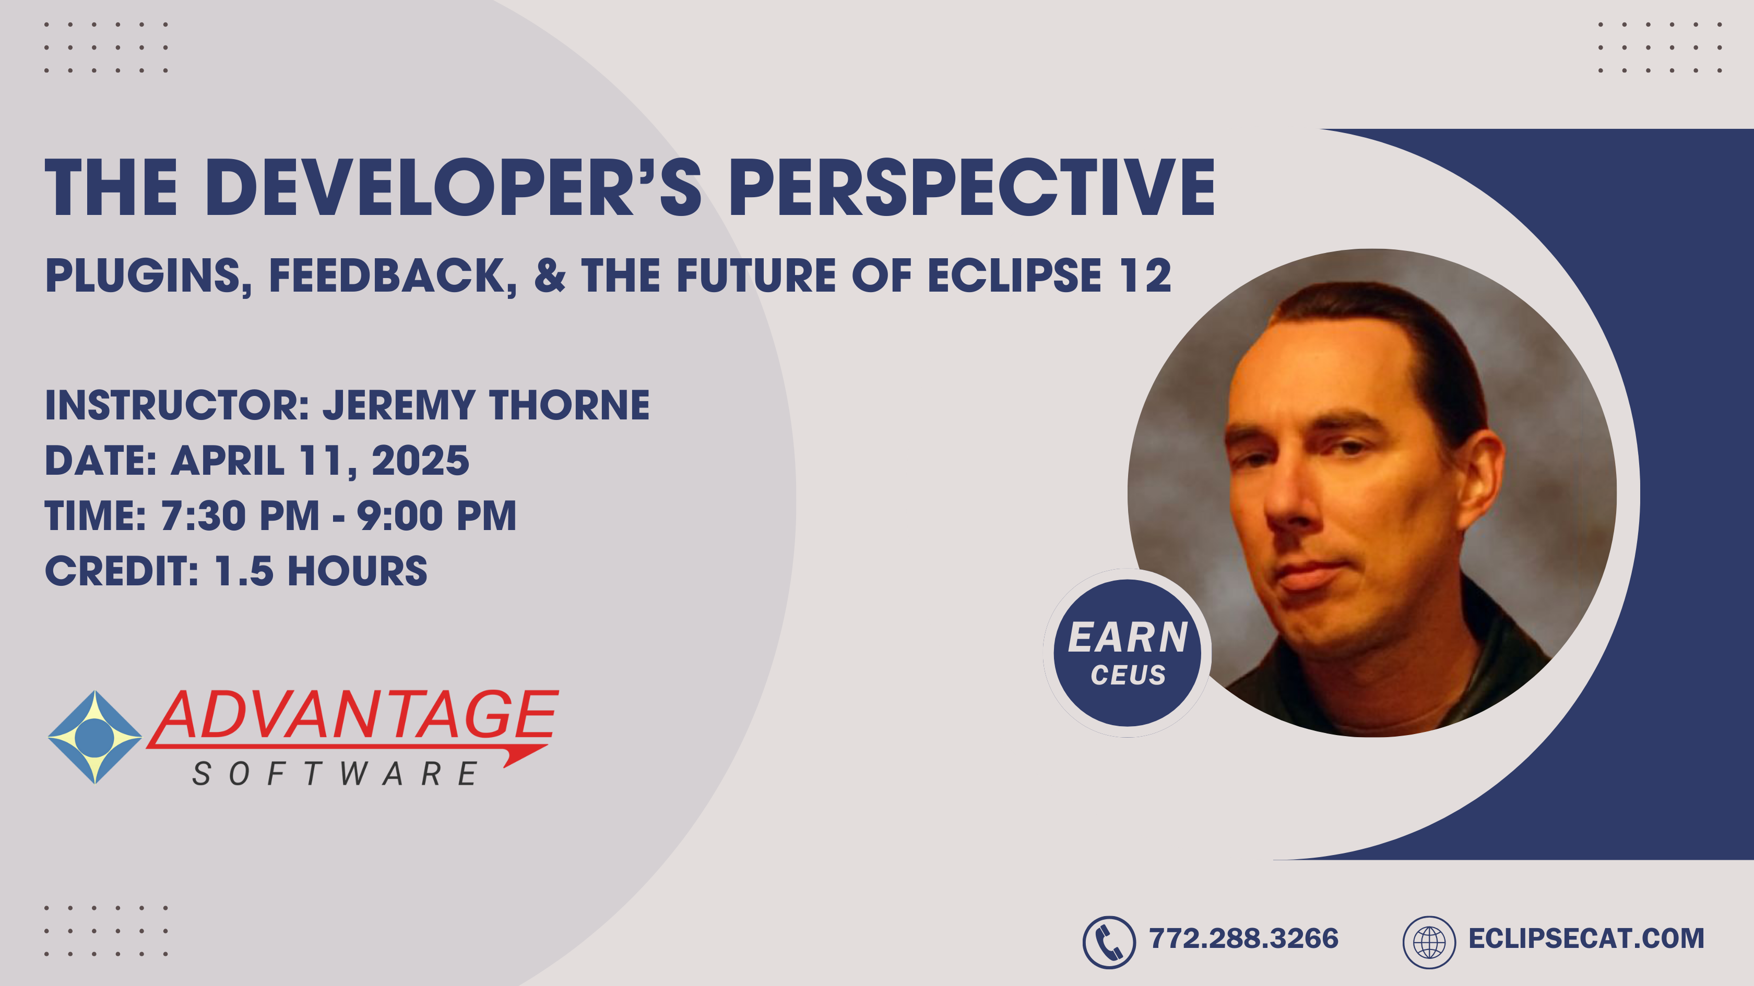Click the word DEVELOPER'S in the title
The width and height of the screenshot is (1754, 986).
(x=458, y=187)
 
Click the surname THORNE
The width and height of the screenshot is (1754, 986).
(x=569, y=405)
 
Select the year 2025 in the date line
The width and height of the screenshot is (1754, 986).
(x=420, y=461)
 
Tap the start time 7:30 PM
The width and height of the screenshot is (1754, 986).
(x=240, y=516)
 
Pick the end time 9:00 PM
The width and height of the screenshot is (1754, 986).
(x=437, y=516)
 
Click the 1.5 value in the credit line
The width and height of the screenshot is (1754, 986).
(x=244, y=571)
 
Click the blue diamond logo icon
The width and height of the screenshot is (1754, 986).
(x=94, y=737)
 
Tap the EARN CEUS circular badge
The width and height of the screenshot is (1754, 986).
(x=1128, y=653)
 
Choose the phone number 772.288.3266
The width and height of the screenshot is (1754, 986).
(x=1243, y=939)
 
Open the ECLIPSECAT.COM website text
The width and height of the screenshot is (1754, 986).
(x=1586, y=939)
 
